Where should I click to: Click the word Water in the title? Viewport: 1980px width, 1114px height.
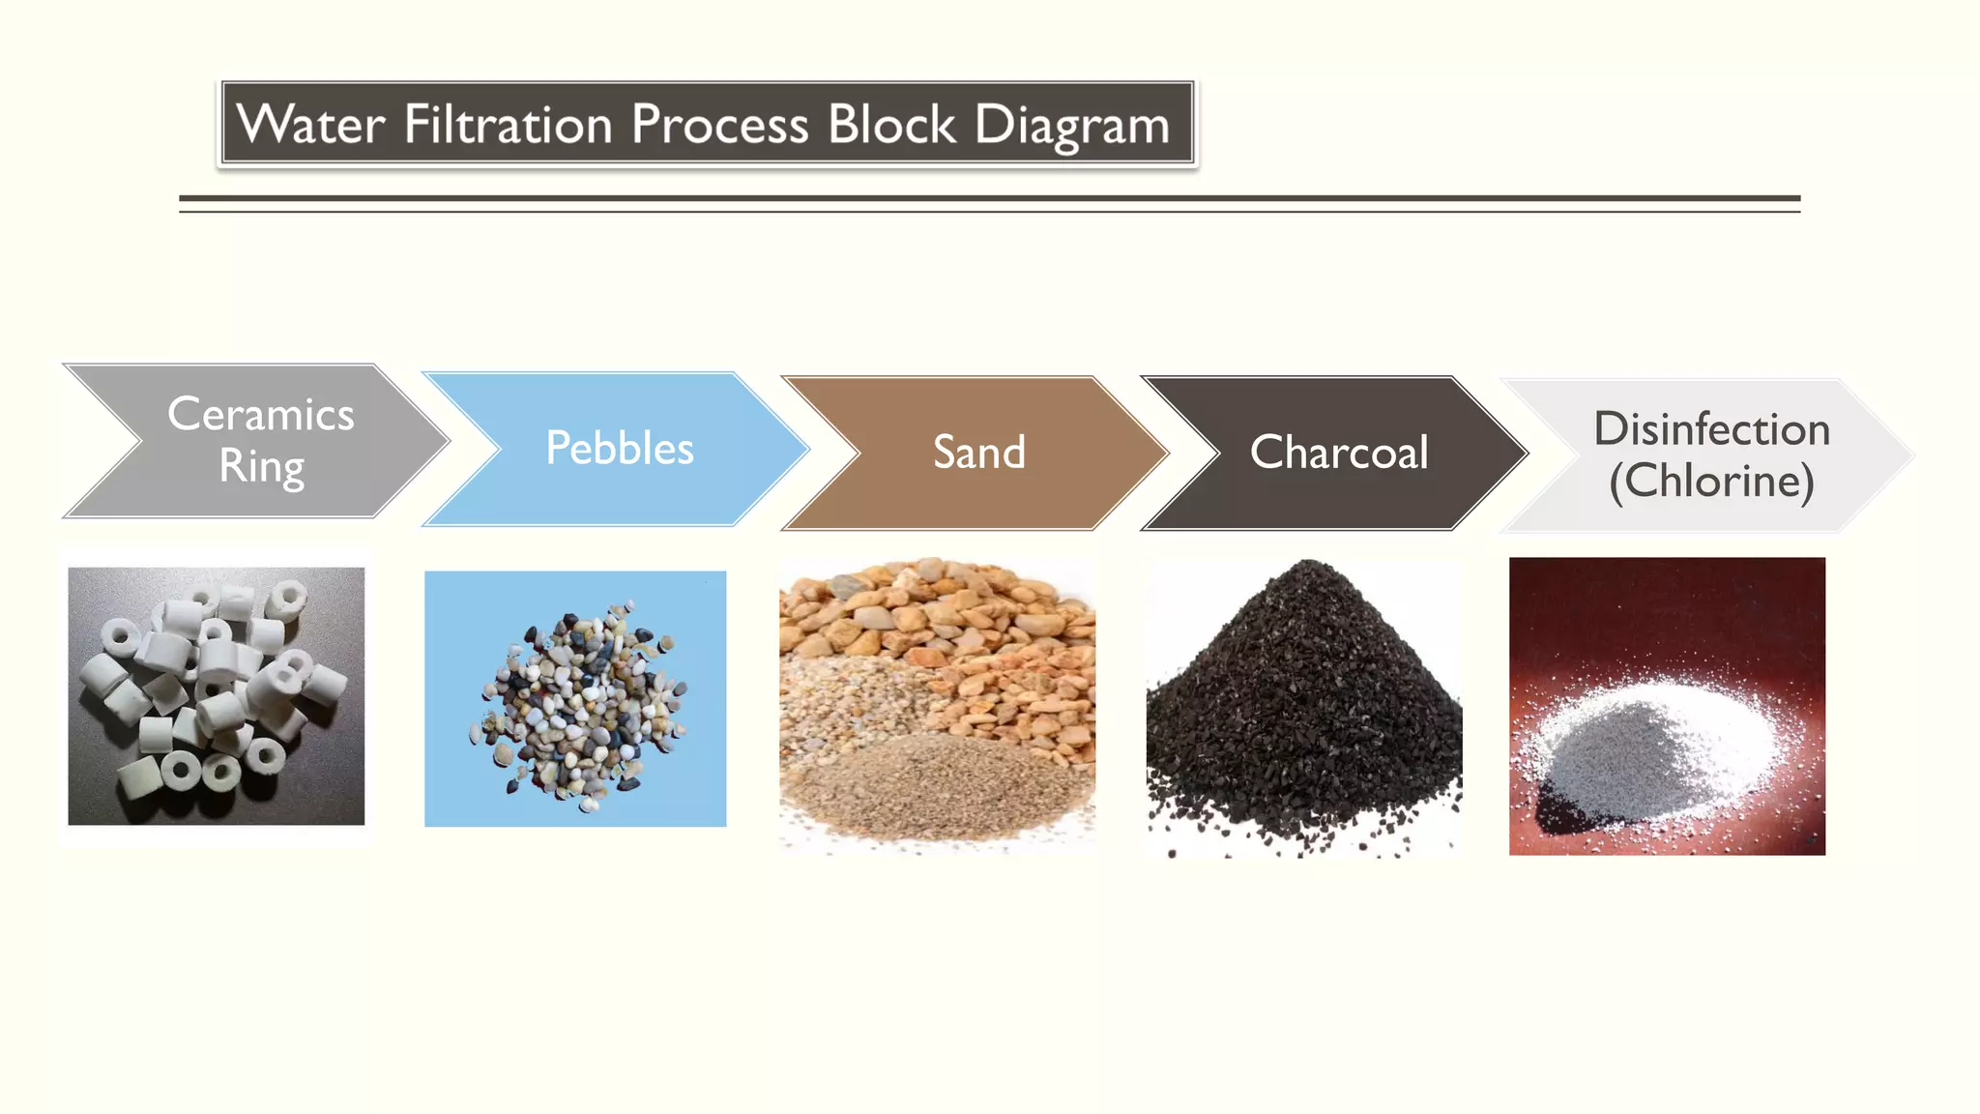pos(310,125)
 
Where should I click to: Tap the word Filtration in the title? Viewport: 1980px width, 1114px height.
pos(508,125)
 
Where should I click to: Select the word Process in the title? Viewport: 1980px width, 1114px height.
pos(719,125)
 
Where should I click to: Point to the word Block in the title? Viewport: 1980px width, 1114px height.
pos(891,125)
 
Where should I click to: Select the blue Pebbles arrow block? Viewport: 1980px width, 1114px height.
pos(619,449)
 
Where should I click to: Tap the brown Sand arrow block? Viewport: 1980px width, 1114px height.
pos(978,453)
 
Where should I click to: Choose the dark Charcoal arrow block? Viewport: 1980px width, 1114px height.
pos(1338,453)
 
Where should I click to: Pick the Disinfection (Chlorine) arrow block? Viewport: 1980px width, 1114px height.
pos(1710,455)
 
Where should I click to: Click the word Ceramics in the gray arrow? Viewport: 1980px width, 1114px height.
pos(261,414)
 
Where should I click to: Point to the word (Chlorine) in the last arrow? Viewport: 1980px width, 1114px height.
pos(1711,482)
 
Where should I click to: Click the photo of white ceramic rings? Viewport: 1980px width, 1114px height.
pos(217,696)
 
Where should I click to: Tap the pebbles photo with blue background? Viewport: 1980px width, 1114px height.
pos(575,698)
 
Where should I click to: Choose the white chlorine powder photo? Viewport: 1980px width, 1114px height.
pos(1667,706)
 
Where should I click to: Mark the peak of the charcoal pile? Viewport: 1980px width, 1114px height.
pos(1307,565)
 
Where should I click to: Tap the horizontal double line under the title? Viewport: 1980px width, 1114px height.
pos(989,203)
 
